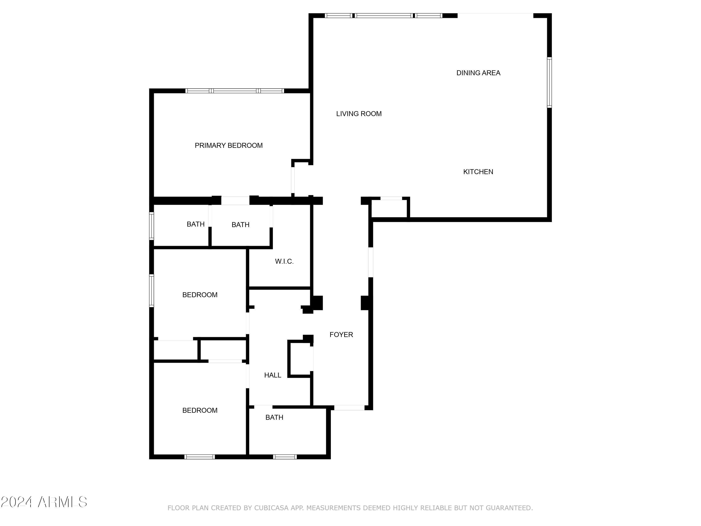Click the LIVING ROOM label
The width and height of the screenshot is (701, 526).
click(359, 114)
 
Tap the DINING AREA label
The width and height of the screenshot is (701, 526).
click(478, 73)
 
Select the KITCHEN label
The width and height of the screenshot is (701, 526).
click(478, 172)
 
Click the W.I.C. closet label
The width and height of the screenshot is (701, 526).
click(284, 262)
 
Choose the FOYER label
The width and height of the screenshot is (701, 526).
click(341, 335)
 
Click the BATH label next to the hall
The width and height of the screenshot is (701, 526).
click(274, 418)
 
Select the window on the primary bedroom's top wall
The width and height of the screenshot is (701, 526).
click(235, 91)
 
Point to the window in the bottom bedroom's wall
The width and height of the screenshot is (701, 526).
click(199, 457)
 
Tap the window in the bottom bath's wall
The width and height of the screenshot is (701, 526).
click(285, 457)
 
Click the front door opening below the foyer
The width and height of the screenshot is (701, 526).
click(349, 408)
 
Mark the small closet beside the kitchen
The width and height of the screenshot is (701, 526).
click(390, 209)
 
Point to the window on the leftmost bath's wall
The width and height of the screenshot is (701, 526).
click(151, 226)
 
